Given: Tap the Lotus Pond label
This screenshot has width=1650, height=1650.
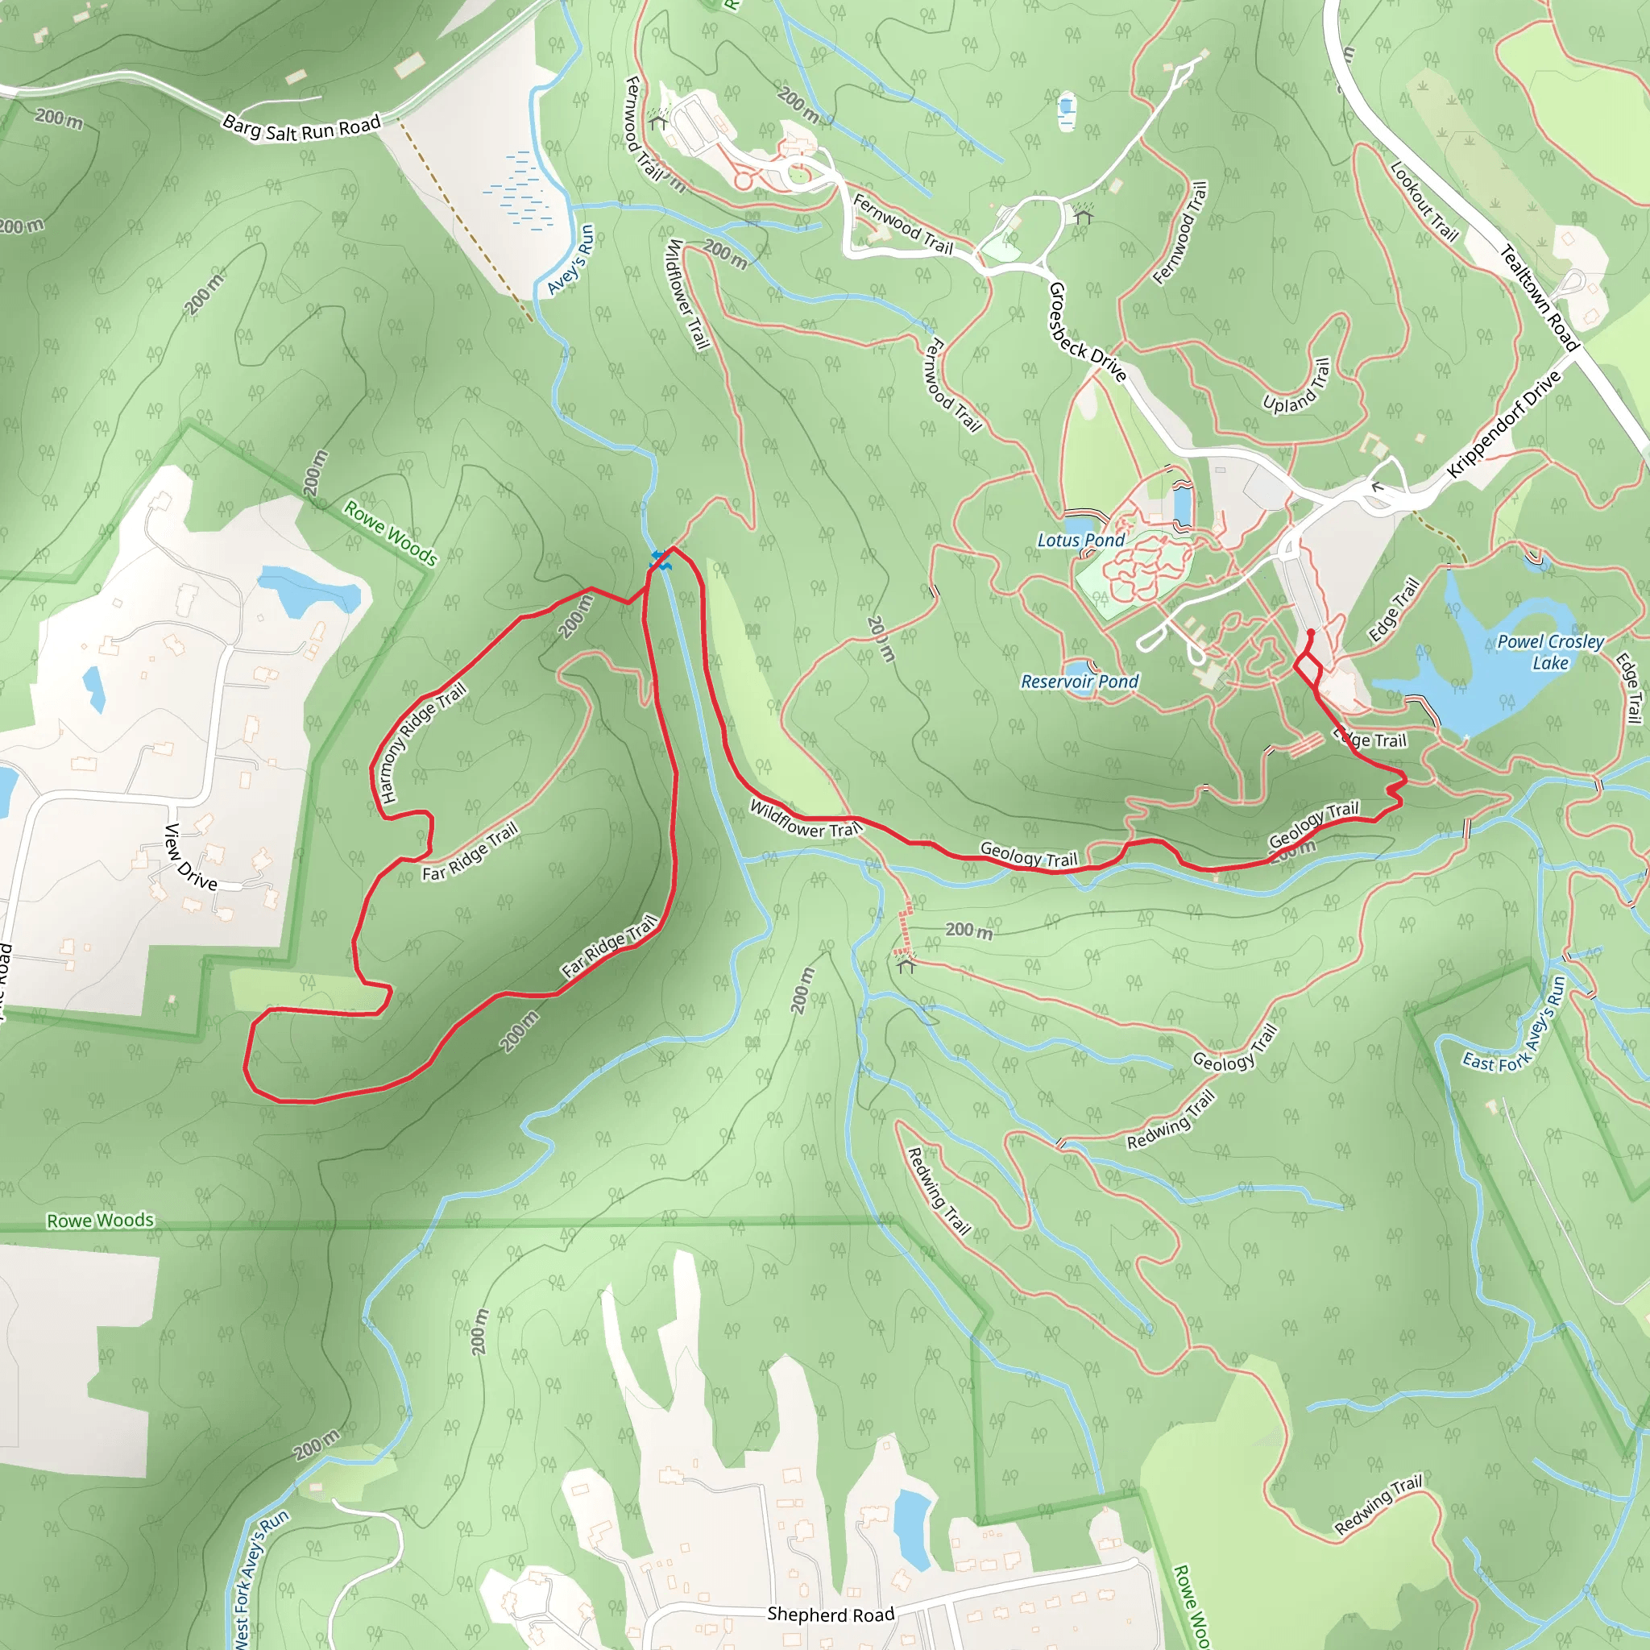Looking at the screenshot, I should [1080, 541].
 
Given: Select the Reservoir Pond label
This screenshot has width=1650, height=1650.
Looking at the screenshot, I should [1080, 682].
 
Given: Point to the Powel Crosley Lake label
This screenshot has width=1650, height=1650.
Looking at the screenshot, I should [1550, 653].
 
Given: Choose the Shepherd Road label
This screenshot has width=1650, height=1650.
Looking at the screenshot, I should [830, 1614].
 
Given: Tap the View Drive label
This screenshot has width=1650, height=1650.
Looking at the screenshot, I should [190, 857].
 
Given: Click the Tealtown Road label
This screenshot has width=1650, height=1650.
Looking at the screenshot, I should [1540, 298].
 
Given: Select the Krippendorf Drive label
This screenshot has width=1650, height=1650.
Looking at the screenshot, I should [1503, 425].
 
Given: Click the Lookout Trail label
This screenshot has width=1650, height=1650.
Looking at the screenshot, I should [1424, 202].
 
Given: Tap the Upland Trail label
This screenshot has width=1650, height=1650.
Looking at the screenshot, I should [1297, 386].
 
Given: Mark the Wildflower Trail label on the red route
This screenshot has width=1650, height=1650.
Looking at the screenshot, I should [806, 819].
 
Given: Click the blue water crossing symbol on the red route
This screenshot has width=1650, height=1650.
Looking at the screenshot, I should [660, 560].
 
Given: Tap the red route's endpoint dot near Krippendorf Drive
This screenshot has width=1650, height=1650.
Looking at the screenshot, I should [1311, 632].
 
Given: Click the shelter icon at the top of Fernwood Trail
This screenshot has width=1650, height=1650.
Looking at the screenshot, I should [657, 122].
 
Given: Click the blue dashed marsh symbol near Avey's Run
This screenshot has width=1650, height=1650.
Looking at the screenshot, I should [521, 193].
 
